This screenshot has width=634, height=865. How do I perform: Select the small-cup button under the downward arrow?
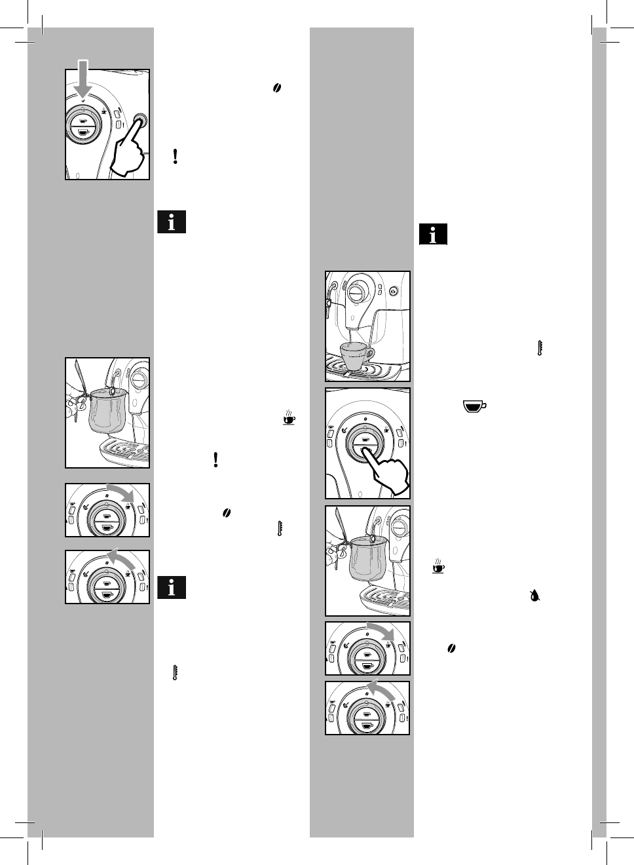(x=83, y=121)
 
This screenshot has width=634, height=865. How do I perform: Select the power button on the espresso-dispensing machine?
(x=392, y=292)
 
